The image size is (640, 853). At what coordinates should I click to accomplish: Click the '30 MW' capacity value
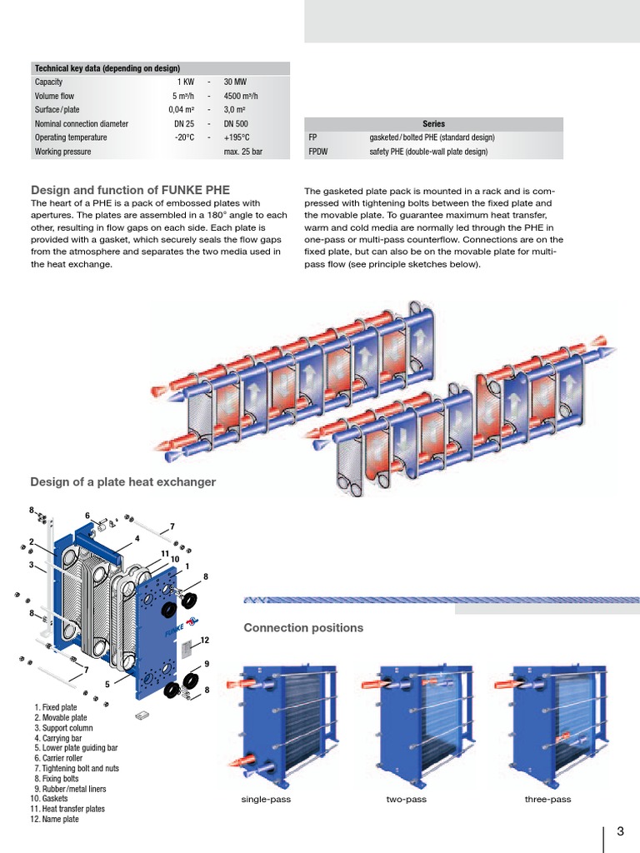(236, 82)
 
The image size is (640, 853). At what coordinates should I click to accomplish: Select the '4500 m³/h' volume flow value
(242, 97)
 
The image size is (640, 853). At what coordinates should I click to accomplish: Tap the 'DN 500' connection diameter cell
(236, 124)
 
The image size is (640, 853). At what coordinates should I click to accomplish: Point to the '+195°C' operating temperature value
(237, 137)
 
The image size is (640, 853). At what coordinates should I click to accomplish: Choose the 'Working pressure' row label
(62, 152)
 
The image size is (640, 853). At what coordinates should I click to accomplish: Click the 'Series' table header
(434, 124)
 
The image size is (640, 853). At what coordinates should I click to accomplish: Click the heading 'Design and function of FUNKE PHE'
(130, 190)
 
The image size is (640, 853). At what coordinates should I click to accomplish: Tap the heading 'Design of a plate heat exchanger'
(122, 481)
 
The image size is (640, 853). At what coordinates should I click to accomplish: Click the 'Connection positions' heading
(303, 627)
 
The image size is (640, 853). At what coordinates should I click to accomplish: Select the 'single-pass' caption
(266, 800)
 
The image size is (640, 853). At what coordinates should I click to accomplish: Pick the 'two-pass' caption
(406, 800)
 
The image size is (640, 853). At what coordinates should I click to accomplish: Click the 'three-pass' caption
(547, 800)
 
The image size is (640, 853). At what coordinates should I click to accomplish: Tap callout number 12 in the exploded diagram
(203, 640)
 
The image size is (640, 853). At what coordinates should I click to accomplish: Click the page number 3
(620, 831)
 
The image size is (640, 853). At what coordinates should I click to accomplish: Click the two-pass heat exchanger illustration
(416, 717)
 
